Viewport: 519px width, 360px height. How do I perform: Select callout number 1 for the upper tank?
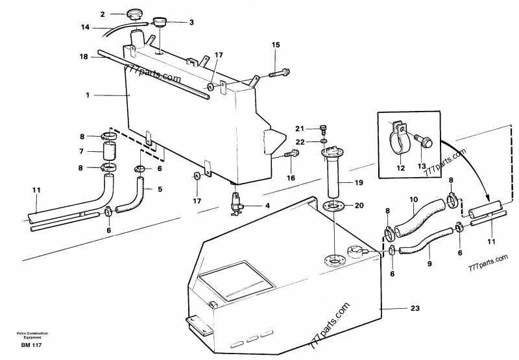click(x=86, y=95)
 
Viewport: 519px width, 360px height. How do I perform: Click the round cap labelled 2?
click(x=136, y=14)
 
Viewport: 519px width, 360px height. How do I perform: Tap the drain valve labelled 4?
click(x=235, y=203)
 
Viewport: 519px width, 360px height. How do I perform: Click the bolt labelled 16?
click(x=291, y=154)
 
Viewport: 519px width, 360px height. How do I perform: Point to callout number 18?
click(x=83, y=56)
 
